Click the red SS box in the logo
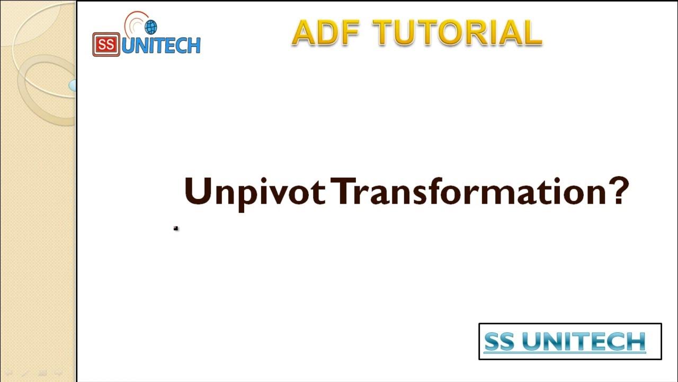106,45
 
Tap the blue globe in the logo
150,27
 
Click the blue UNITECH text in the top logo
161,46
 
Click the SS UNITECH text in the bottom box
565,342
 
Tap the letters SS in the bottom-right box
499,342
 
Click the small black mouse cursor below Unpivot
176,228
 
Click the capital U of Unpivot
197,191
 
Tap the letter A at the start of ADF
303,33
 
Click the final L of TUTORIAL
532,33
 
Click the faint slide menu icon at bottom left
42,374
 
